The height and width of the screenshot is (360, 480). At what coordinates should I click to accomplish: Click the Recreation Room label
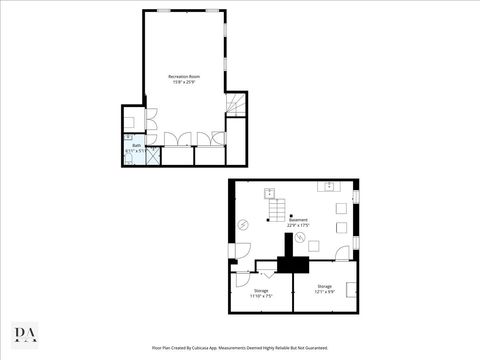[183, 77]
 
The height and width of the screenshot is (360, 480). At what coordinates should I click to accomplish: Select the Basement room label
[298, 222]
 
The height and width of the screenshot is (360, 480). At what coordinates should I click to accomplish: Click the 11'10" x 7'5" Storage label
[259, 293]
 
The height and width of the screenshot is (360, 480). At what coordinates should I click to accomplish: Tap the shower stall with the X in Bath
[152, 156]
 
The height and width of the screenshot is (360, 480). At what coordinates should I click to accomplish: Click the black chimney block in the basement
[293, 264]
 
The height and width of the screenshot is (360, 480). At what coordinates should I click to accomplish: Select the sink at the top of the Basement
[328, 186]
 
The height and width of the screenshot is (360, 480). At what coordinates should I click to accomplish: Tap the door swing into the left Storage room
[266, 271]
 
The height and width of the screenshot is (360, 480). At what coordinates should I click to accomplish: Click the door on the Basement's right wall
[354, 245]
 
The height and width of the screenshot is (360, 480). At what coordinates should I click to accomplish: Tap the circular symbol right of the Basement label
[339, 226]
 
